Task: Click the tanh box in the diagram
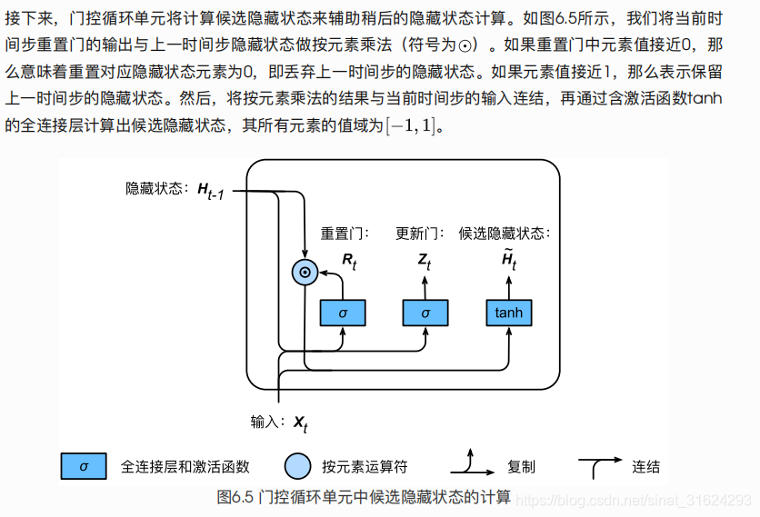[x=509, y=313]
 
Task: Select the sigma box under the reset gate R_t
[x=343, y=313]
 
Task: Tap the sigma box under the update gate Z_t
[x=426, y=313]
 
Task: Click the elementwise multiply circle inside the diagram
[x=305, y=271]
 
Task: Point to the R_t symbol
[x=350, y=263]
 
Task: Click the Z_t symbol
[x=425, y=263]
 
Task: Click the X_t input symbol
[x=300, y=423]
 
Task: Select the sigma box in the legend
[x=84, y=466]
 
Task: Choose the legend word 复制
[x=521, y=467]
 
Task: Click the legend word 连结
[x=645, y=467]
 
